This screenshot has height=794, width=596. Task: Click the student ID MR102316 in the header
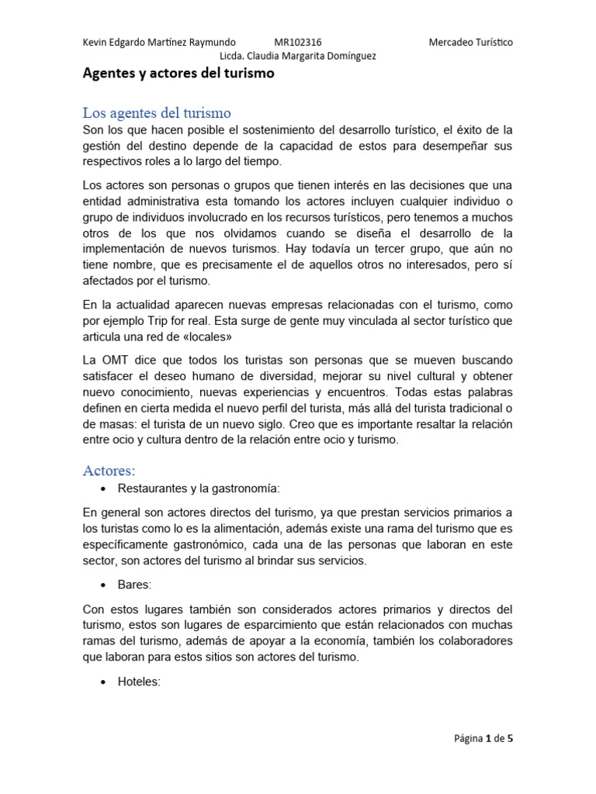(298, 42)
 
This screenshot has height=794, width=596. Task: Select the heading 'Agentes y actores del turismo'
(178, 74)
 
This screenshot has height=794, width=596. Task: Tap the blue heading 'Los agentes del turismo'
(157, 113)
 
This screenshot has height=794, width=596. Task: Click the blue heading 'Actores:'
(109, 471)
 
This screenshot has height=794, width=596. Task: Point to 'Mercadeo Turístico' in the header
(470, 42)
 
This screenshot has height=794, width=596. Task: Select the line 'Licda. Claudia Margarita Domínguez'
(298, 56)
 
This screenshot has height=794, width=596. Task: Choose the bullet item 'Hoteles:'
(139, 682)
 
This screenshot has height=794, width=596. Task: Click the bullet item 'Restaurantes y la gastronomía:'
(198, 488)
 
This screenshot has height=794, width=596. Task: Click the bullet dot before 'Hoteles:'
(103, 682)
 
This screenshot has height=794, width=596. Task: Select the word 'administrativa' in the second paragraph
(160, 202)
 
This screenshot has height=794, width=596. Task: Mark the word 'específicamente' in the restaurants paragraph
(126, 544)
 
